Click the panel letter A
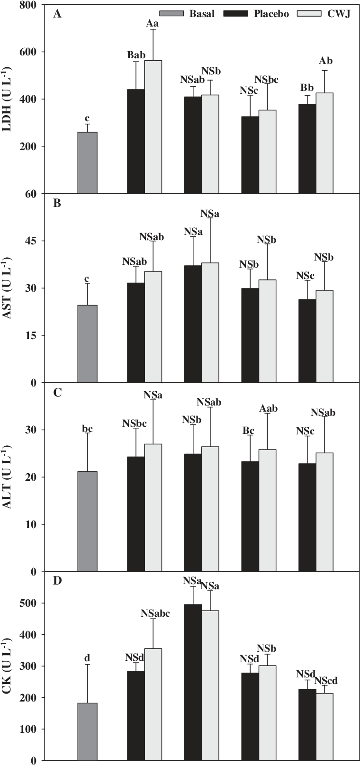tap(57, 14)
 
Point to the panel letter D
tap(57, 581)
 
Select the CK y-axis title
tap(8, 666)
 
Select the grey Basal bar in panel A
tap(87, 162)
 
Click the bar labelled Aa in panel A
tap(153, 127)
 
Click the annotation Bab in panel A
tap(136, 55)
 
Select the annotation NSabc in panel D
tap(155, 613)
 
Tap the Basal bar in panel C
tap(87, 521)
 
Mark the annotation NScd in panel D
tap(326, 680)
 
